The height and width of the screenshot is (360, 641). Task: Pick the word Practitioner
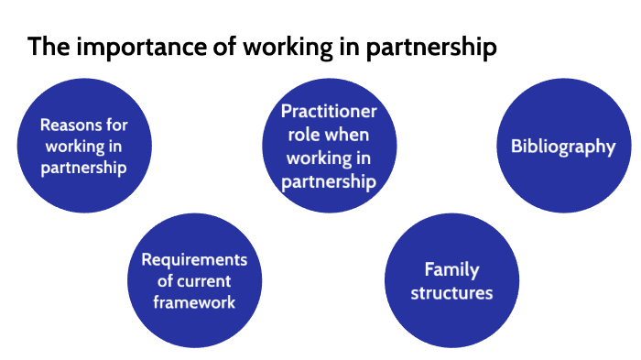coord(329,112)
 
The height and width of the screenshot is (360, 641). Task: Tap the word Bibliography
coord(562,147)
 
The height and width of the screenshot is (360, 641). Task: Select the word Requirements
coord(194,260)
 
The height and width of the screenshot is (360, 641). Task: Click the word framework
coord(194,302)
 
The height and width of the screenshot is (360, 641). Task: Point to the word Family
coord(451,270)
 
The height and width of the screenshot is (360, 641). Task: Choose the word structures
coord(451,293)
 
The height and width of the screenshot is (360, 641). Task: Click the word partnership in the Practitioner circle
coord(329,181)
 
